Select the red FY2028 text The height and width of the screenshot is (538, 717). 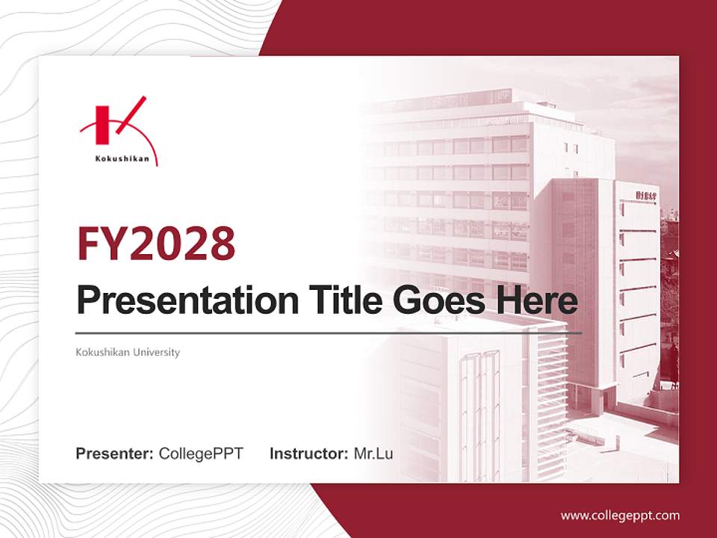[x=156, y=243]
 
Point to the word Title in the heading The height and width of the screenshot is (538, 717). [x=335, y=301]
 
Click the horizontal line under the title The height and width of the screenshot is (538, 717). [x=329, y=333]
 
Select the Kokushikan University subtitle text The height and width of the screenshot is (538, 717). [x=128, y=352]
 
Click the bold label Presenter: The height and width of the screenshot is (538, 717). [x=115, y=454]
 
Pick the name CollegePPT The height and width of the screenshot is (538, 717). [x=201, y=454]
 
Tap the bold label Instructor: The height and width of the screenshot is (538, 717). [x=308, y=454]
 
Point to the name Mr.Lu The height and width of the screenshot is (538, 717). [x=373, y=454]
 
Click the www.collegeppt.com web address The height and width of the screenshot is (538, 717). [x=620, y=516]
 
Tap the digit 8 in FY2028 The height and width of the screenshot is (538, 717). [x=220, y=243]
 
